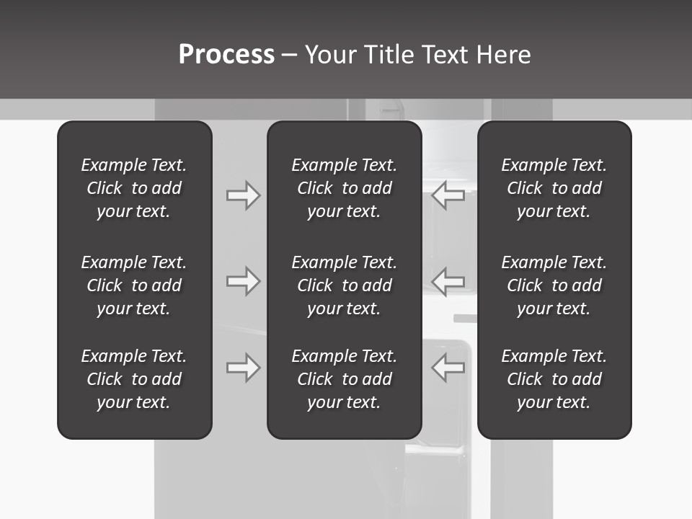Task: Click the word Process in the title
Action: point(226,55)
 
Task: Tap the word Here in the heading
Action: point(503,55)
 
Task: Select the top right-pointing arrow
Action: point(243,195)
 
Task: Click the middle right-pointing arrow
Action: point(243,280)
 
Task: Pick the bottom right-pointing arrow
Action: point(243,367)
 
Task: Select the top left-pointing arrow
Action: point(448,195)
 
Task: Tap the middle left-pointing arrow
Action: point(448,280)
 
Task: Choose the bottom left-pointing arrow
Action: point(448,367)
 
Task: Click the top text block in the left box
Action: point(134,188)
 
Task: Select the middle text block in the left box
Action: point(134,285)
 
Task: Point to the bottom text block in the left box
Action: point(134,379)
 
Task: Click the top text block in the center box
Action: point(344,188)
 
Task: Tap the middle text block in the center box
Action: point(344,285)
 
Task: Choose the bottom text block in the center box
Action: point(344,379)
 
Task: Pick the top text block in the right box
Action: point(554,188)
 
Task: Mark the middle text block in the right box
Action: point(554,285)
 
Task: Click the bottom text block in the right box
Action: point(554,379)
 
